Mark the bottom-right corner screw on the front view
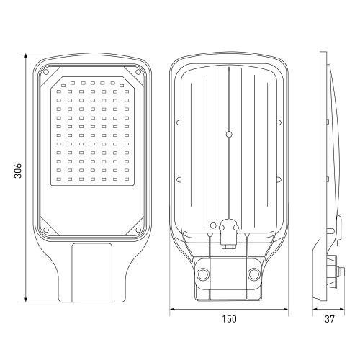tap(138, 230)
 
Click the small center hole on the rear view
tap(229, 133)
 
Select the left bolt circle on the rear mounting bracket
tap(203, 274)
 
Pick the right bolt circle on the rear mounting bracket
tap(253, 274)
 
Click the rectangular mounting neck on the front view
tap(92, 274)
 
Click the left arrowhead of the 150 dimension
tap(171, 311)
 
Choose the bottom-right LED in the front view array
tap(123, 177)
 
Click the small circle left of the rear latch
tap(213, 233)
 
